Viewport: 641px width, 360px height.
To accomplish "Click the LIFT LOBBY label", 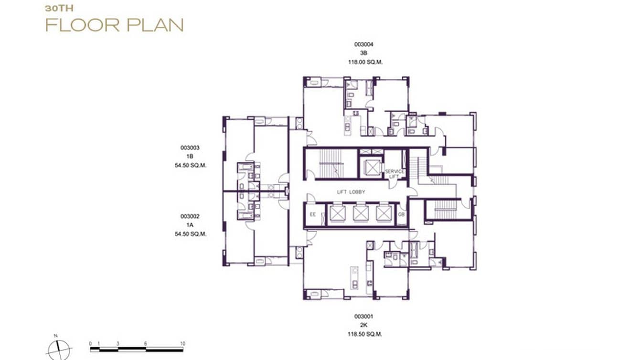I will (351, 192).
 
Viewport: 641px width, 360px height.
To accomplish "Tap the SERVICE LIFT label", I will (395, 174).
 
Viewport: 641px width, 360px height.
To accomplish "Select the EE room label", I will (313, 215).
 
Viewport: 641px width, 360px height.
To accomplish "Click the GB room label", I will (401, 215).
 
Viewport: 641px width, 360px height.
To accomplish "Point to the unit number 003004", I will (363, 44).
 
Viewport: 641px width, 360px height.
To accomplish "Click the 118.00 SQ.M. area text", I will (365, 62).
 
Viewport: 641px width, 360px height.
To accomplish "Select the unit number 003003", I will (190, 148).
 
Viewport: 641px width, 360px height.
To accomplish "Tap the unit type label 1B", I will (190, 157).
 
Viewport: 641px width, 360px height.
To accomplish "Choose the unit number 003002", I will (190, 216).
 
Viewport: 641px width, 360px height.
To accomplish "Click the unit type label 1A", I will (190, 225).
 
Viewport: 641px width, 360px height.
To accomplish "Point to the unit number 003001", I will (363, 317).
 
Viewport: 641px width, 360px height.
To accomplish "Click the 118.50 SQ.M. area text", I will (365, 334).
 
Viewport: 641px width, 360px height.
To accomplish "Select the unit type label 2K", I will (363, 325).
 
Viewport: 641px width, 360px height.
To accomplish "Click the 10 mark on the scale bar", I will (182, 344).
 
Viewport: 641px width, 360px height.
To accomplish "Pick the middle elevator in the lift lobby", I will (360, 214).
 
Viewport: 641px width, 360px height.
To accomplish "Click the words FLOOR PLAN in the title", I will (114, 24).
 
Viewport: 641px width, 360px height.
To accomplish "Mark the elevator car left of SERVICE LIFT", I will (371, 168).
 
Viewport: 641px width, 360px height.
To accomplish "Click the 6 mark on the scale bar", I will (146, 344).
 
